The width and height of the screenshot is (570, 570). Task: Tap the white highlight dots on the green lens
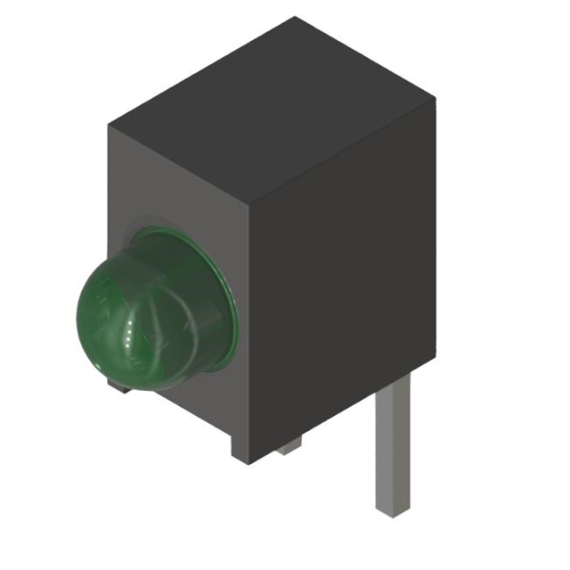tap(133, 335)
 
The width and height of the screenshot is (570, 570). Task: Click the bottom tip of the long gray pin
tap(392, 512)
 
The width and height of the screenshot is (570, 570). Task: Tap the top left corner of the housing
tap(110, 124)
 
